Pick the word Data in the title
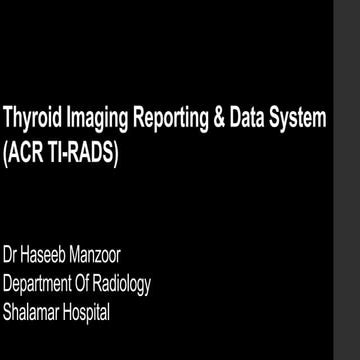tap(247, 120)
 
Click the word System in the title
tap(299, 121)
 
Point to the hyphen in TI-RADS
tap(62, 155)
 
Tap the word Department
tap(38, 285)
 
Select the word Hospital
tap(88, 312)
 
